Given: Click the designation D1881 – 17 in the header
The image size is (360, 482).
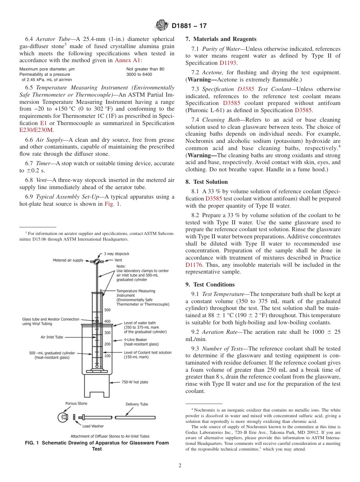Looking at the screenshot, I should (189, 26).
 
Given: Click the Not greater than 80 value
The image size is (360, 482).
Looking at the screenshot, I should (145, 69).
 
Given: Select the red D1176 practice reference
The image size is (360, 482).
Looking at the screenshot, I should (194, 265).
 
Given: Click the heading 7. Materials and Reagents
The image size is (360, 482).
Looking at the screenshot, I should (221, 39).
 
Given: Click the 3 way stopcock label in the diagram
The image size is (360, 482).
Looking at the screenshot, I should (116, 254).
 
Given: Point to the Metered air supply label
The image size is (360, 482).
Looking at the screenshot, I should (68, 260).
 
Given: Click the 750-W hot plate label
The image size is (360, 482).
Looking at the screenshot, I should (135, 382).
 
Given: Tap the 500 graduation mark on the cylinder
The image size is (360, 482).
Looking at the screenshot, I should (107, 310).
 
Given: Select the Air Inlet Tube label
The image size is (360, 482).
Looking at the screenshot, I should (52, 337).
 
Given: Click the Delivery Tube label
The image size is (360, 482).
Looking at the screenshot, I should (137, 404).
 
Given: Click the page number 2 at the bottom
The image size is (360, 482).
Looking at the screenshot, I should (180, 466).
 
